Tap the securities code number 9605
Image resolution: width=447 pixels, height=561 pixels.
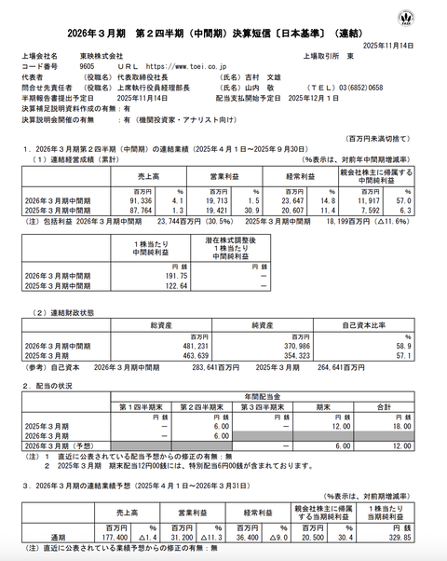[x=88, y=67]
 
